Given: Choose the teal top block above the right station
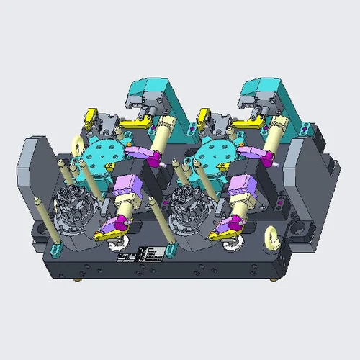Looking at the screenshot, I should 263,94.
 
